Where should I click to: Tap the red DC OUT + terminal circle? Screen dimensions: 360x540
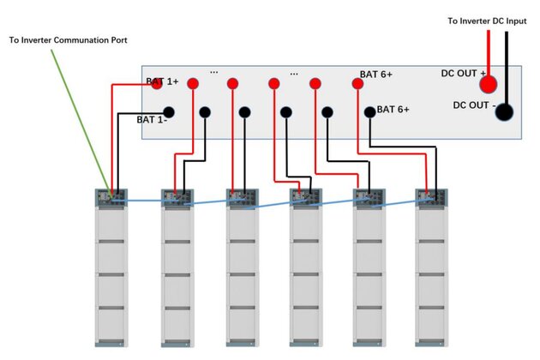(489, 83)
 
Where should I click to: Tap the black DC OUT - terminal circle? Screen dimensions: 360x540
(503, 112)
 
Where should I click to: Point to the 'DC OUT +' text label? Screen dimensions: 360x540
(463, 73)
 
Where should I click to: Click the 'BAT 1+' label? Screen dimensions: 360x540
(162, 81)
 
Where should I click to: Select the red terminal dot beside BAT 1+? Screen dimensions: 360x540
(193, 83)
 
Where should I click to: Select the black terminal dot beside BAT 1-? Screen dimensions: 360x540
(169, 111)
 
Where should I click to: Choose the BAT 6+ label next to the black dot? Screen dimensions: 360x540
(393, 110)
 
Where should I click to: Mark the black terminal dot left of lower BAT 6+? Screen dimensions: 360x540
(369, 111)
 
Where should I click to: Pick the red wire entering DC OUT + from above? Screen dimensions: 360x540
(489, 51)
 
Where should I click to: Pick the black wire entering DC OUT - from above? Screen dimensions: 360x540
(507, 60)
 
